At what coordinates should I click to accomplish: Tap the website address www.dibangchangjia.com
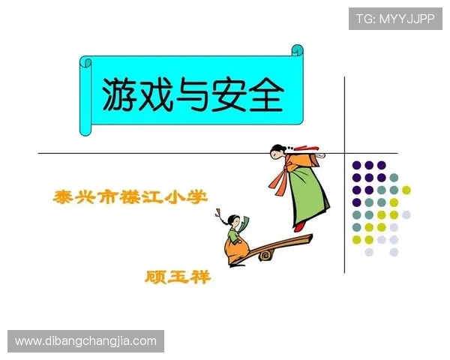pos(86,341)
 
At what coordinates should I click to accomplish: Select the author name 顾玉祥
pos(178,277)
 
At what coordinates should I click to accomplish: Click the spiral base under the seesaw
pos(265,255)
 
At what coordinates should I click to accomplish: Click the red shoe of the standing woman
pos(300,226)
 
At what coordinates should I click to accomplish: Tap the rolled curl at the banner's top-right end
pos(297,52)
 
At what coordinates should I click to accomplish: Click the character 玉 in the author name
pos(178,277)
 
